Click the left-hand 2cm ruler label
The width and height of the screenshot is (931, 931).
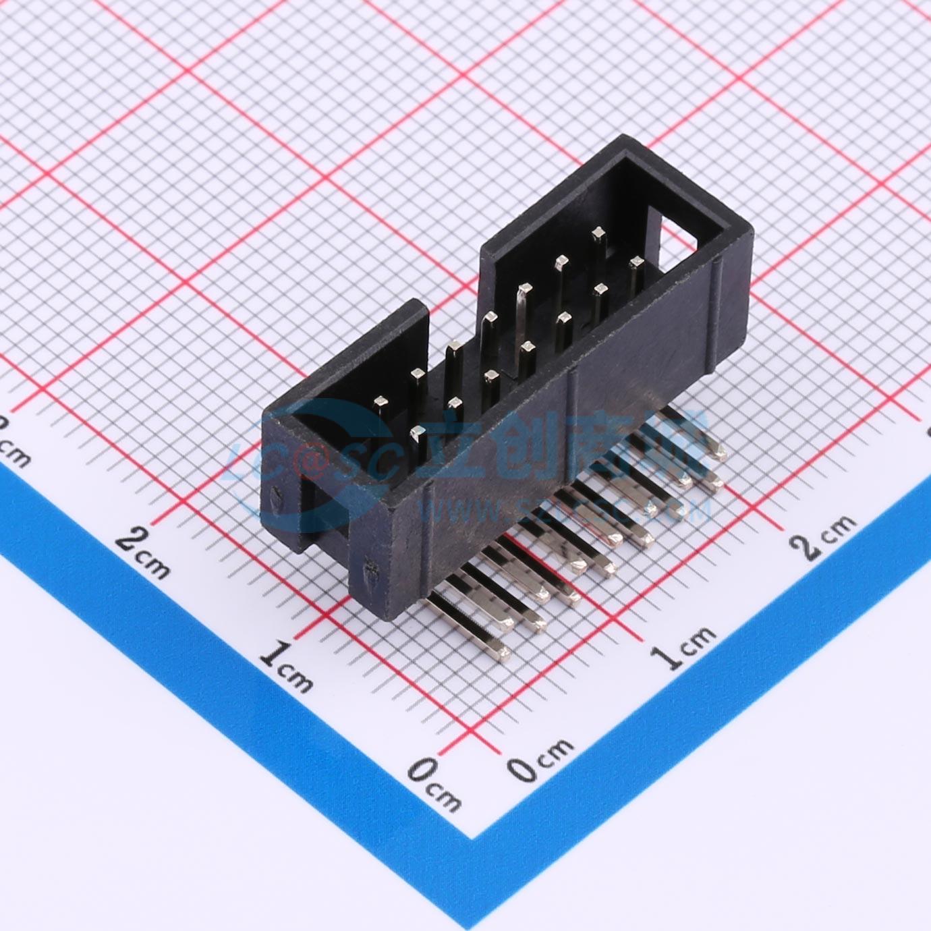click(x=144, y=554)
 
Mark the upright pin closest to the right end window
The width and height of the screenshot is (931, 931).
click(x=635, y=264)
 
